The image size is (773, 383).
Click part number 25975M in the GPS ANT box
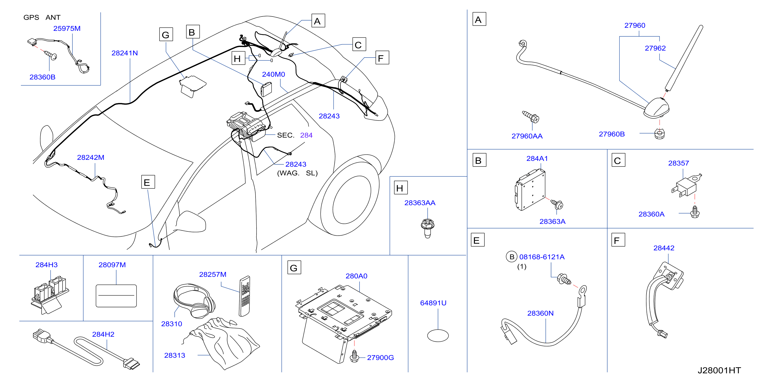67,28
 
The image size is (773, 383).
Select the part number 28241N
125,53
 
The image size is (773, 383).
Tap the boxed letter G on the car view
166,35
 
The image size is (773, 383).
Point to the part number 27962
655,48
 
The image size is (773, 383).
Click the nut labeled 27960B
659,134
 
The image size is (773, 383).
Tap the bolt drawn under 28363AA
428,228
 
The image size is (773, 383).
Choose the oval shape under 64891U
438,336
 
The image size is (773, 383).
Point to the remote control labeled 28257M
244,296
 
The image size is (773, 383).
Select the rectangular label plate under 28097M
116,296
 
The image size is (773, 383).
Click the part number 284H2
103,334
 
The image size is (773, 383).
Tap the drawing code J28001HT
719,370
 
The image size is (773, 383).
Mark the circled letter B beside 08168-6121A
512,257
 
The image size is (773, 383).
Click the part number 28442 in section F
664,248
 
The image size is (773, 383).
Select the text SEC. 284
295,135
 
